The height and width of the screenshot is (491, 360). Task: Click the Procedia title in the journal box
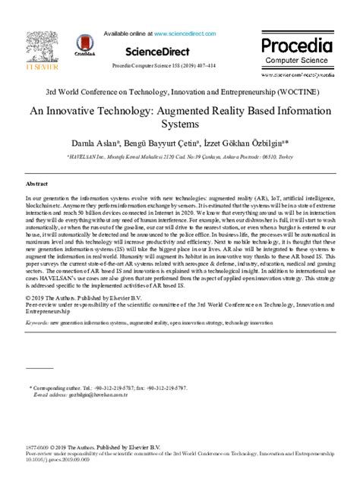(297, 46)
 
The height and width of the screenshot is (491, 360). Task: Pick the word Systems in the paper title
(180, 124)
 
